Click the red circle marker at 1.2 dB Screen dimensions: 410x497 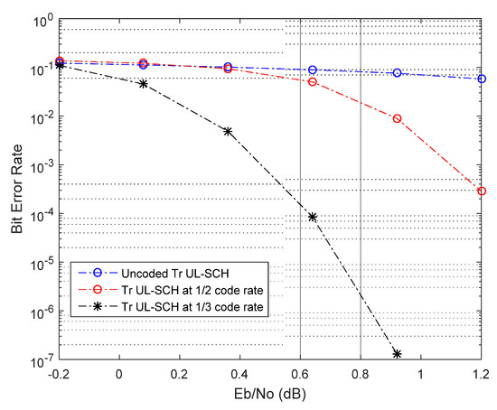(482, 191)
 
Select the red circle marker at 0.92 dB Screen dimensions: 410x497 (397, 118)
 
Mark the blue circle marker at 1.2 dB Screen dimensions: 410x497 (482, 79)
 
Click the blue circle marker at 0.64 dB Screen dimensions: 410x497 (313, 70)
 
